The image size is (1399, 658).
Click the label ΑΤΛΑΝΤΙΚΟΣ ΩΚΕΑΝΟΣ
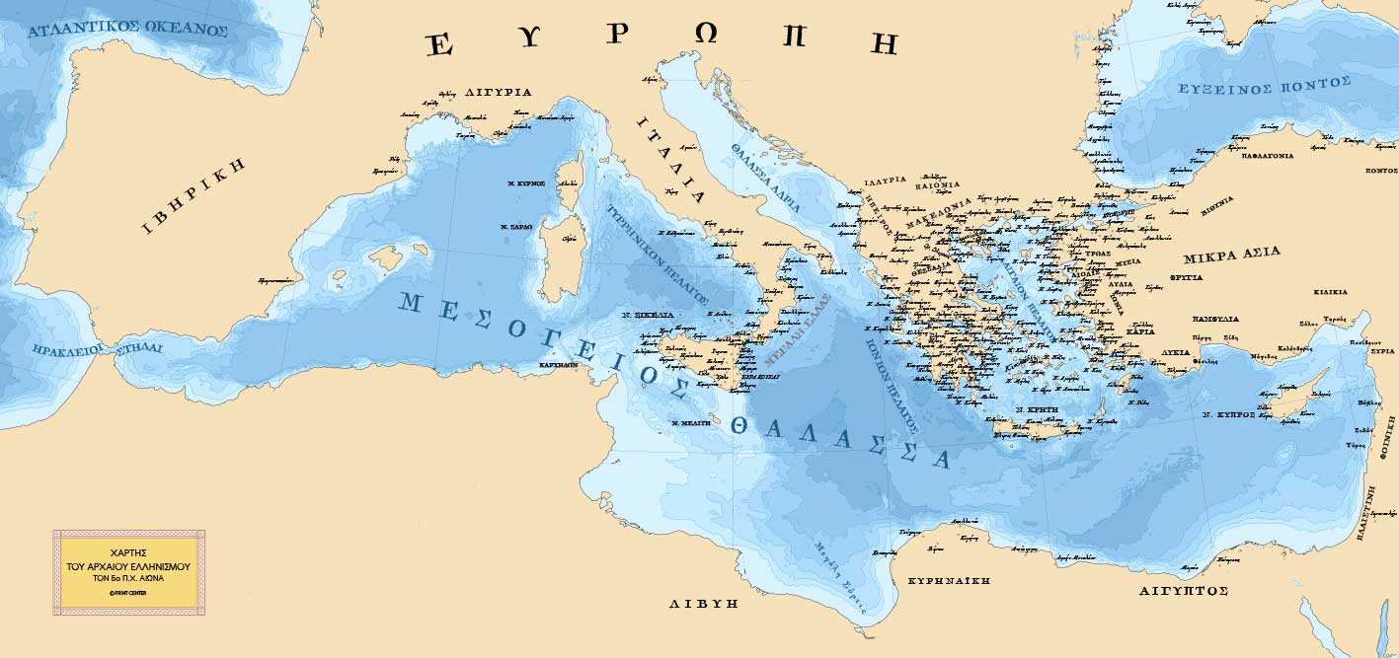click(128, 30)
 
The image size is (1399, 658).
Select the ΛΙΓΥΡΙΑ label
click(498, 92)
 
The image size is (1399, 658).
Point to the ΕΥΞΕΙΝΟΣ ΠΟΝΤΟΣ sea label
click(1249, 89)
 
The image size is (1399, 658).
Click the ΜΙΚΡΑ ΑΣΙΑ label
click(1231, 254)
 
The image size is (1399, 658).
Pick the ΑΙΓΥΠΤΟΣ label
click(1184, 590)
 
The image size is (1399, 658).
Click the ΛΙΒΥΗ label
click(703, 603)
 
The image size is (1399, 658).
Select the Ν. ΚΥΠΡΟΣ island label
click(1228, 415)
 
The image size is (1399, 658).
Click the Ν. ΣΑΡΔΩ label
click(516, 227)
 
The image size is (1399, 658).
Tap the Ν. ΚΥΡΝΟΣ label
click(526, 183)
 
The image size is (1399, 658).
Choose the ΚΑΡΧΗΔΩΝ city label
click(558, 364)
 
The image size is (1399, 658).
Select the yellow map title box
click(128, 572)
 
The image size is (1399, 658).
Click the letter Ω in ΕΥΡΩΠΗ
click(706, 36)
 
